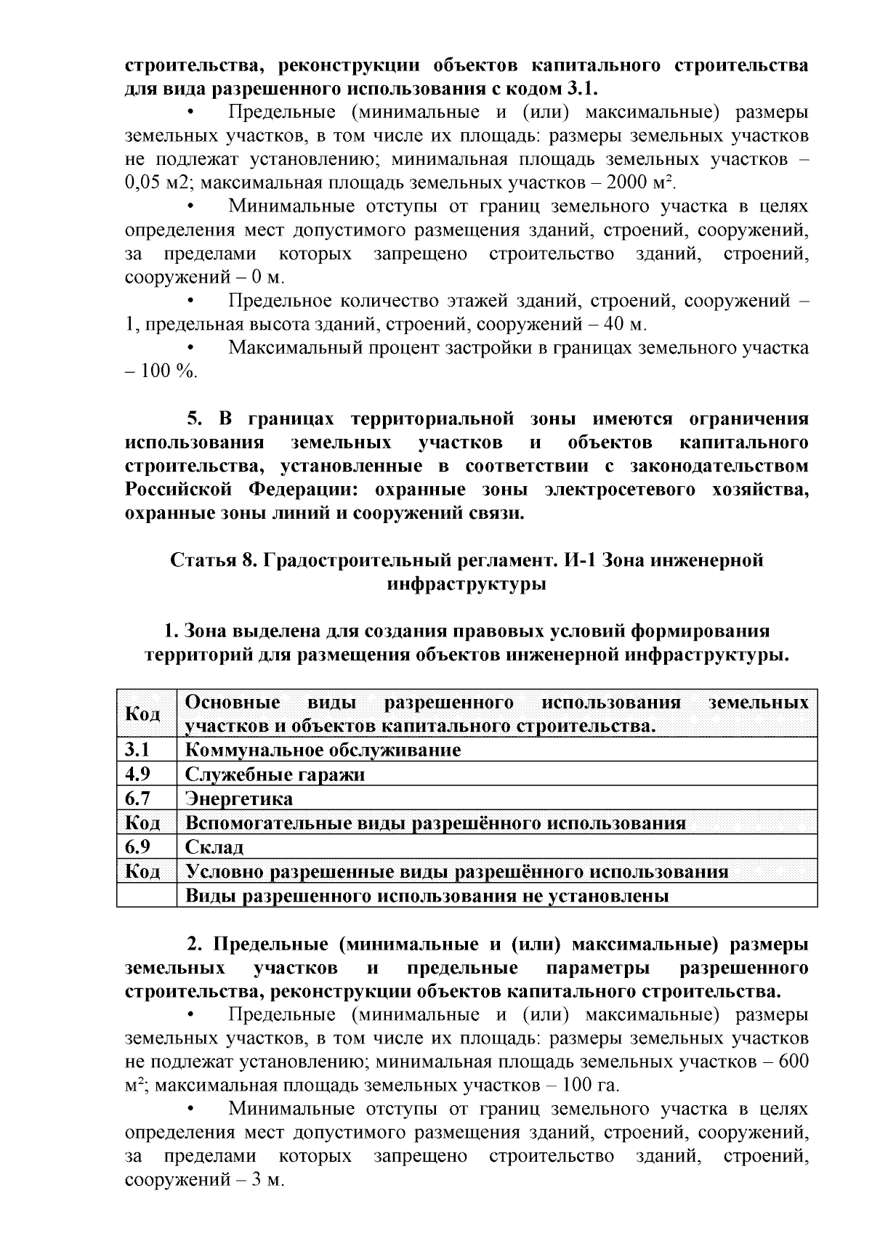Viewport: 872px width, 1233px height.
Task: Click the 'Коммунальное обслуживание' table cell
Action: [x=323, y=750]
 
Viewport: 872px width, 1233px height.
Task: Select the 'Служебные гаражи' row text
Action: [x=275, y=775]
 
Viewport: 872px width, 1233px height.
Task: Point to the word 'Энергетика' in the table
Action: [x=239, y=799]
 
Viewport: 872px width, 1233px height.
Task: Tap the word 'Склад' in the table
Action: [x=214, y=847]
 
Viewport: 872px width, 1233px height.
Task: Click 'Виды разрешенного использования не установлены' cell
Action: [x=427, y=896]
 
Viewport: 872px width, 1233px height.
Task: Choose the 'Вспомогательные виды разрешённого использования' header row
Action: [x=435, y=823]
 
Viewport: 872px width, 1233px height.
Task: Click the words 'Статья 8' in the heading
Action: [x=211, y=560]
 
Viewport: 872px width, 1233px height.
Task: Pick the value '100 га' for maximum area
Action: [x=592, y=1086]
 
